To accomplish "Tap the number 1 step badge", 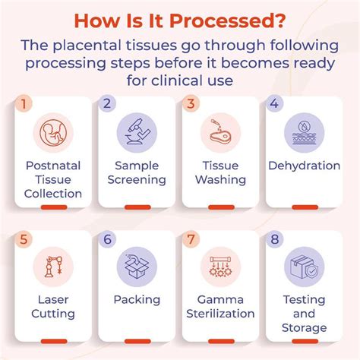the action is (24, 103).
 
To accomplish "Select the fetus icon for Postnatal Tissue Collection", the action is (53, 133).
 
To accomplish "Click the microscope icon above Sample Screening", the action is (137, 133).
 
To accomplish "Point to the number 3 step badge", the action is (191, 103).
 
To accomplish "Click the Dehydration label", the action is (304, 166).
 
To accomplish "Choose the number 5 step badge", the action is (24, 239).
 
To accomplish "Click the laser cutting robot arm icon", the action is (53, 267).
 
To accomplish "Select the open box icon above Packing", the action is (137, 267).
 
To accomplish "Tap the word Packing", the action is (137, 300).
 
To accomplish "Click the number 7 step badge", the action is (191, 239).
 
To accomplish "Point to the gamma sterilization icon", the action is (220, 267).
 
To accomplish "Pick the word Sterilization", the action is (220, 314).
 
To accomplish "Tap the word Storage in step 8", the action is (304, 328).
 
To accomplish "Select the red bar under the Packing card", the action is (137, 341).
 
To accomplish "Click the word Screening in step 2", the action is (137, 180).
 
